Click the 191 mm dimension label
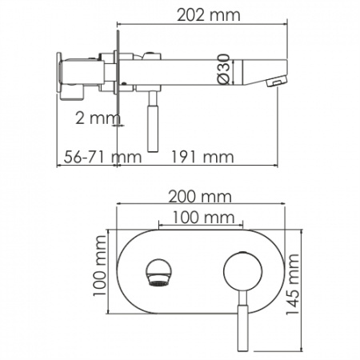pyautogui.click(x=197, y=157)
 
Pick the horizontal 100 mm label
pyautogui.click(x=197, y=218)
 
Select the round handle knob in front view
pyautogui.click(x=237, y=270)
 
